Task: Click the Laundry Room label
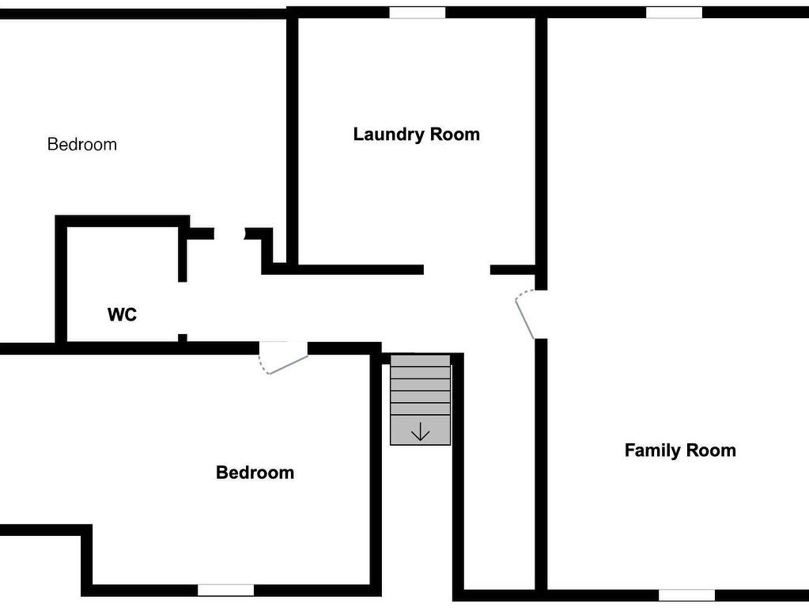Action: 417,135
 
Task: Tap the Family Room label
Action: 680,450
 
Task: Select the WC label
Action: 123,314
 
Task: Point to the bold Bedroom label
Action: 255,472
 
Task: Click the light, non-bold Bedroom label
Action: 82,144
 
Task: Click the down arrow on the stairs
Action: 421,431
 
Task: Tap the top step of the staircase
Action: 421,360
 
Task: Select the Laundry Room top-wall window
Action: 417,13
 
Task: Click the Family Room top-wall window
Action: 674,13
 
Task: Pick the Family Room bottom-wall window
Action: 686,595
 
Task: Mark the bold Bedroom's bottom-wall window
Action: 225,590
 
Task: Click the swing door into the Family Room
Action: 524,314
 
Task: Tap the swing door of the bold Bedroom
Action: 283,358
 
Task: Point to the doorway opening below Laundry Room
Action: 456,270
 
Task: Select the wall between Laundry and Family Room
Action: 541,150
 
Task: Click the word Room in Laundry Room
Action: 455,135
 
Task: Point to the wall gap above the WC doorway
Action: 229,234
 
